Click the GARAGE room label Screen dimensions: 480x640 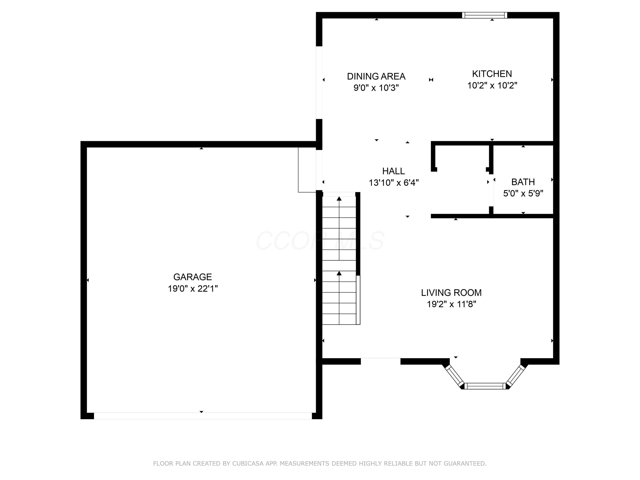(x=192, y=277)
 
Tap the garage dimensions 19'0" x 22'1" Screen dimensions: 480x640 (x=193, y=288)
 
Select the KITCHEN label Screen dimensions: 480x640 (x=492, y=74)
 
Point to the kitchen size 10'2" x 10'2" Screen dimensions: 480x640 (x=492, y=85)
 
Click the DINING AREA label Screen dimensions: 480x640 (x=376, y=76)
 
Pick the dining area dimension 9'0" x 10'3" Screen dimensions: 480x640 (x=376, y=88)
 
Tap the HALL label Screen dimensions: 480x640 (x=393, y=171)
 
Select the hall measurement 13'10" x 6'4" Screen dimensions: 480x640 (x=393, y=183)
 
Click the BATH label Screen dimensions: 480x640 (x=523, y=182)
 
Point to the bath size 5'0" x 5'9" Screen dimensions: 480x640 (x=523, y=193)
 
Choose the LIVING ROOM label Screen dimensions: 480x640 (x=451, y=292)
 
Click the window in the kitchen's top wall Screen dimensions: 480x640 (x=484, y=15)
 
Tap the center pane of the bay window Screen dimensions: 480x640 (x=485, y=386)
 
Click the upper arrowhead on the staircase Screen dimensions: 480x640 (x=339, y=198)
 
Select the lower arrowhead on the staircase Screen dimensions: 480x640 (x=339, y=273)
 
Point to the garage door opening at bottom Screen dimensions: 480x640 (x=202, y=416)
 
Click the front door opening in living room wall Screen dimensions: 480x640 (x=380, y=361)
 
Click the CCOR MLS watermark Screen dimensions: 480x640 (x=320, y=241)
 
